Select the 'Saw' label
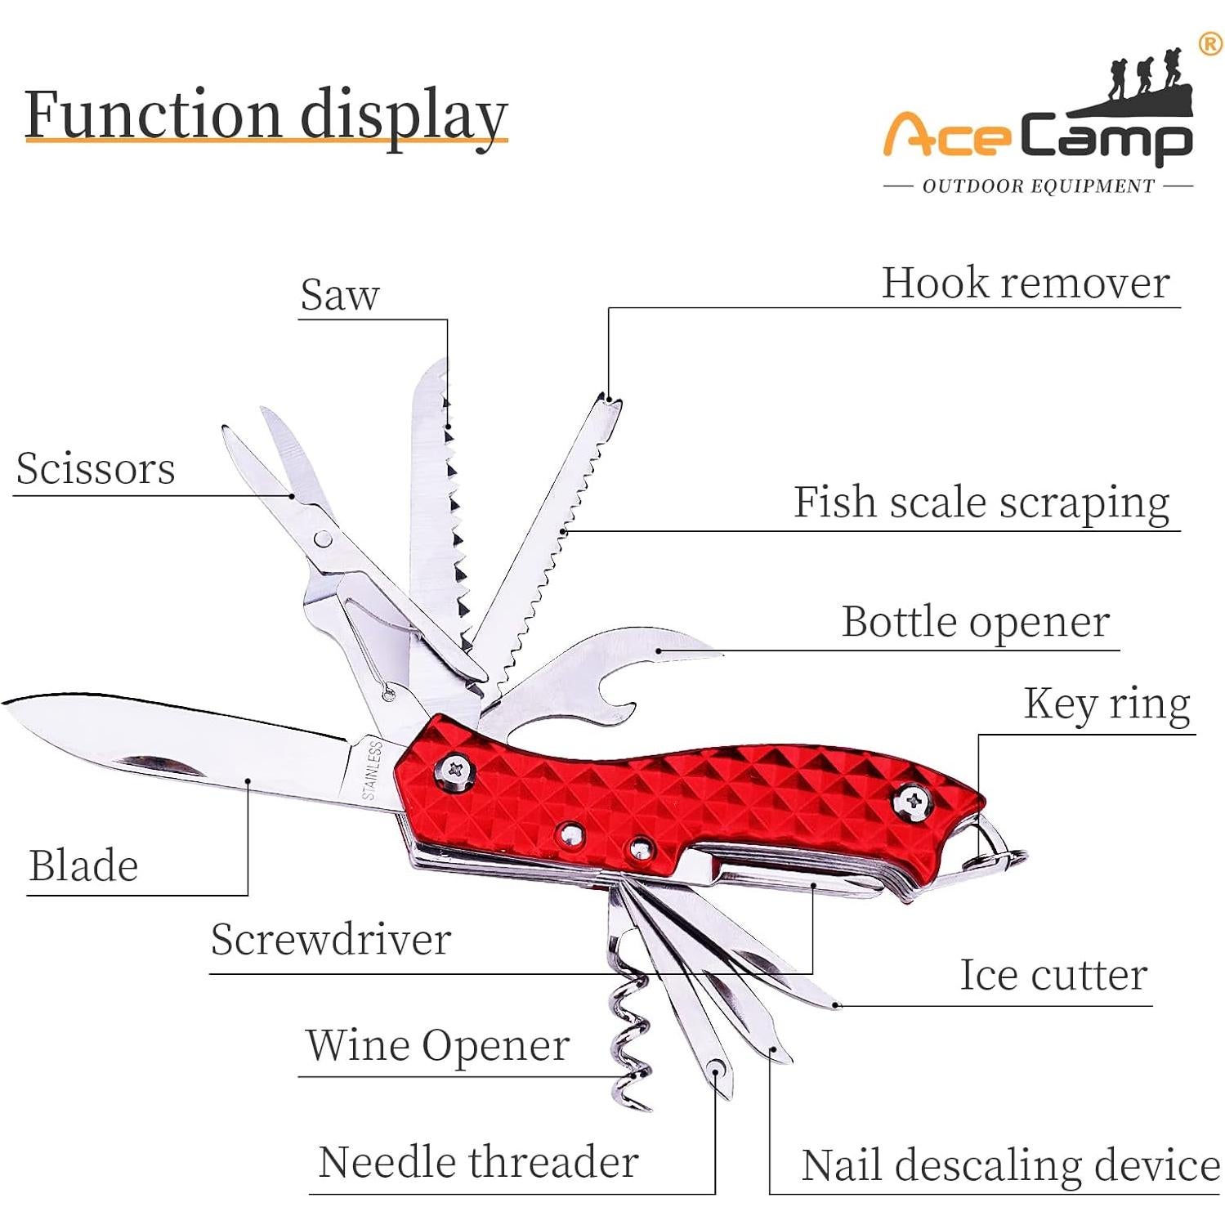(x=340, y=295)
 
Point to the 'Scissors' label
(x=96, y=469)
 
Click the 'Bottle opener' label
(x=975, y=622)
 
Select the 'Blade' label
(x=83, y=866)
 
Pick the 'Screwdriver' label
(x=331, y=939)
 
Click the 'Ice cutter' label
(x=1053, y=975)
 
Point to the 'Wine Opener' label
(x=437, y=1045)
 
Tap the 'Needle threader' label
(x=478, y=1162)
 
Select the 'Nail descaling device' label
(x=1010, y=1165)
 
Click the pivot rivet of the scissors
(x=324, y=539)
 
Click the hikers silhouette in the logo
(x=1144, y=78)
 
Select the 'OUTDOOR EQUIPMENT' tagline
(x=1038, y=186)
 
